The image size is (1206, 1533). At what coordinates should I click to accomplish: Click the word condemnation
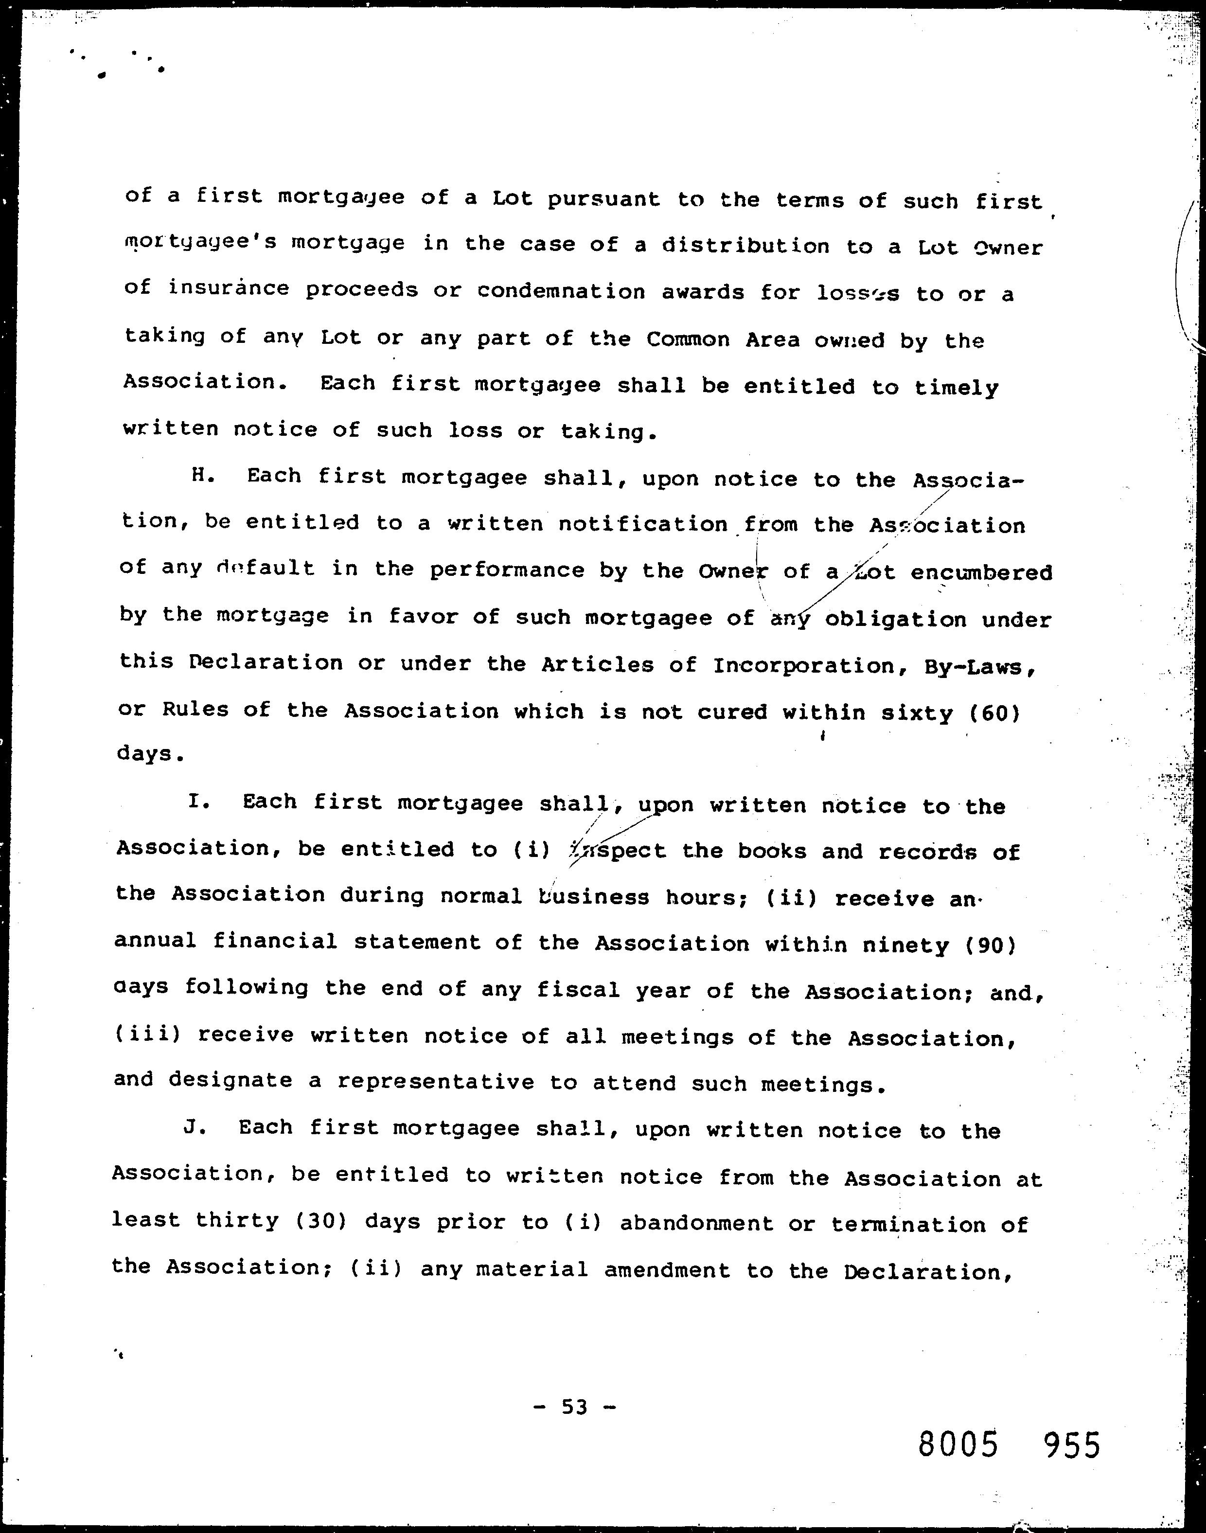pyautogui.click(x=561, y=292)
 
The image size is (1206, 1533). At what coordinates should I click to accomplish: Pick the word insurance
pyautogui.click(x=228, y=289)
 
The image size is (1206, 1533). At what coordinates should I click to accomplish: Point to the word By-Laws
pyautogui.click(x=980, y=668)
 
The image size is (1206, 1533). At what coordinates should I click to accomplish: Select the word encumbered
pyautogui.click(x=981, y=572)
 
